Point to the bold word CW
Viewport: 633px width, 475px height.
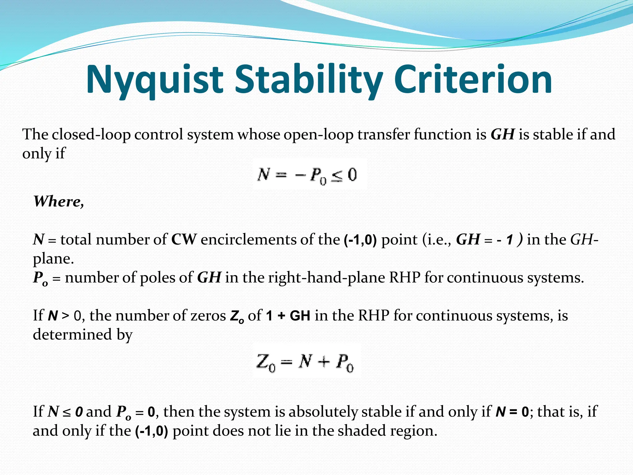(x=184, y=240)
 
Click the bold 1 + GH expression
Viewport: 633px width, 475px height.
(x=288, y=316)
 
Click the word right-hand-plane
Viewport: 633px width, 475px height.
(x=326, y=278)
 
